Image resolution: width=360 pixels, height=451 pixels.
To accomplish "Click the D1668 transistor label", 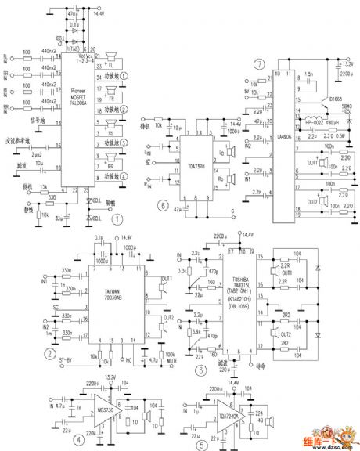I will point(336,99).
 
